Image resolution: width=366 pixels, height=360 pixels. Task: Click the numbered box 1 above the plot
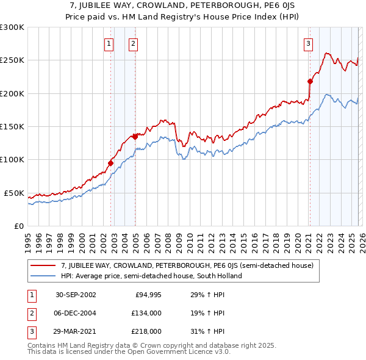click(x=109, y=43)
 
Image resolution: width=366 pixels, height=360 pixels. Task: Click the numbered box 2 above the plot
click(x=133, y=43)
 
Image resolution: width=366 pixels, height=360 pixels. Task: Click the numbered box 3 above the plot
click(x=309, y=43)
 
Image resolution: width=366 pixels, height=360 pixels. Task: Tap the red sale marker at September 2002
click(x=111, y=163)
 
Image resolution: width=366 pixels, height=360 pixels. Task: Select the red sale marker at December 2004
click(x=135, y=137)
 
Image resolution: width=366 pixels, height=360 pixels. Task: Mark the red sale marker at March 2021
click(x=310, y=81)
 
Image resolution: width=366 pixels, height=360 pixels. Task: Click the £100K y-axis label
click(x=12, y=160)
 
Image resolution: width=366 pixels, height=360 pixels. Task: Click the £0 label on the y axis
click(x=18, y=226)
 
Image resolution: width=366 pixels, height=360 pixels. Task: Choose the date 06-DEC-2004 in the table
click(x=76, y=313)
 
